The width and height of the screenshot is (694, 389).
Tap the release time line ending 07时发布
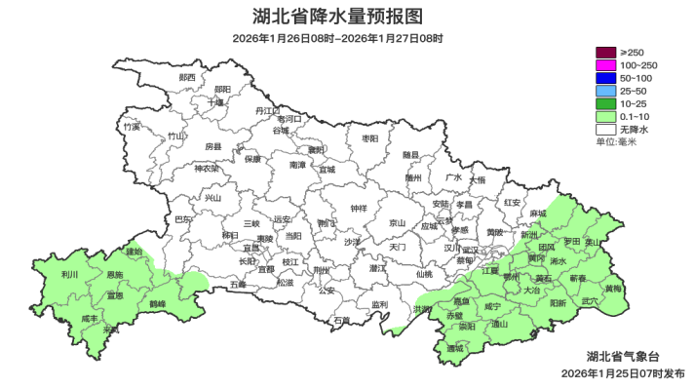pos(625,373)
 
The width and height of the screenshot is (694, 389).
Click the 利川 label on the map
pos(68,276)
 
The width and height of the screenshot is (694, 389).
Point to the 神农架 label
pos(207,169)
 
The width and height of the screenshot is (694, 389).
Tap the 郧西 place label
pos(187,77)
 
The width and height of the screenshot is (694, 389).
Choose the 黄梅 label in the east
pos(612,290)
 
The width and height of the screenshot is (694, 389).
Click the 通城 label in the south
pos(455,348)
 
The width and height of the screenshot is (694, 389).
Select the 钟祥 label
pos(359,209)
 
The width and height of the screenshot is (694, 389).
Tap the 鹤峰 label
pos(157,304)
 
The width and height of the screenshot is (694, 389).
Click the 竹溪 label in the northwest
pos(132,127)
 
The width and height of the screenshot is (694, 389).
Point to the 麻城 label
pos(538,214)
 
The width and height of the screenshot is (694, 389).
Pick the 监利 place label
pos(379,305)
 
